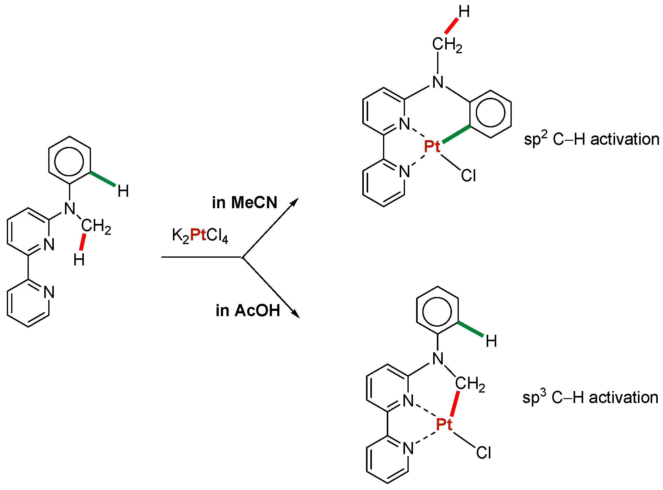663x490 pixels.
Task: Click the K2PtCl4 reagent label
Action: coord(200,235)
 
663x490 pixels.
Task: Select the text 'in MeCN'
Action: coord(244,203)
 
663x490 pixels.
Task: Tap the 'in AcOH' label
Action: coord(248,311)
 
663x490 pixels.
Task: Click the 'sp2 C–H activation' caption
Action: coord(591,139)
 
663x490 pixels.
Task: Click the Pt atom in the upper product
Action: coord(432,146)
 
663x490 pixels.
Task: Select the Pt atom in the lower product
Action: coord(444,424)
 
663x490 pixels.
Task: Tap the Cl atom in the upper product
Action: coord(468,176)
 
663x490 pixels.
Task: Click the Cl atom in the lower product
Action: coord(483,453)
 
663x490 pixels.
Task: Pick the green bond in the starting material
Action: coord(103,179)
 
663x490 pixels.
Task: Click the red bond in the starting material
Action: coord(82,242)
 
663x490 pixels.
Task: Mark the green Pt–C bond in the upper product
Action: coord(456,134)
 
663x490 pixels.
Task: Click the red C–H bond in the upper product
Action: coord(451,26)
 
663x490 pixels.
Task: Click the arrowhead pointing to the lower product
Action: coord(296,314)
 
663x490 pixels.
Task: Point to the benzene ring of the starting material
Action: coord(69,161)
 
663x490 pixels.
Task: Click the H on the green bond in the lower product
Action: coord(491,341)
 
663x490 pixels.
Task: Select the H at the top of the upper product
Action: coord(464,12)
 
